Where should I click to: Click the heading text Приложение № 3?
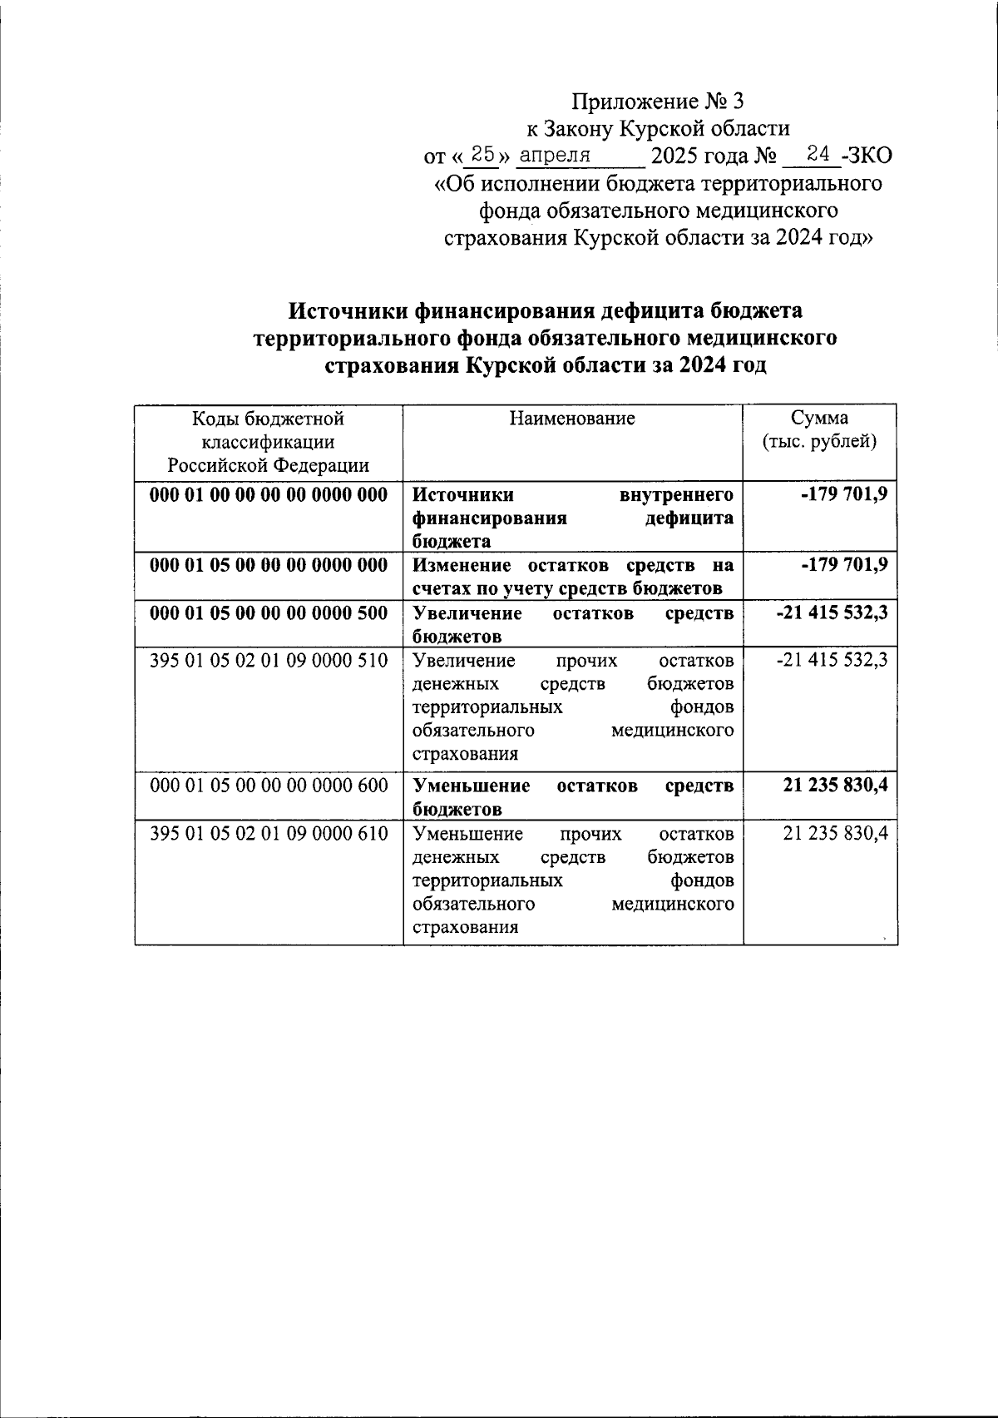click(x=656, y=102)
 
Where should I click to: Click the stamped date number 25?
click(x=482, y=153)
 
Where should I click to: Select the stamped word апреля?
click(x=555, y=155)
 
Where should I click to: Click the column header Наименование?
click(x=572, y=418)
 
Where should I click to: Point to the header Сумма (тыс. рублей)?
click(x=819, y=429)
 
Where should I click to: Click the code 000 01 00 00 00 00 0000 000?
click(x=269, y=495)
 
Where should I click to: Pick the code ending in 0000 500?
click(x=269, y=613)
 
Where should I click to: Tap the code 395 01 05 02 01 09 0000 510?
click(x=269, y=661)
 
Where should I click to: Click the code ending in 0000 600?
click(x=269, y=785)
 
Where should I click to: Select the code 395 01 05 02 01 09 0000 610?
click(x=269, y=833)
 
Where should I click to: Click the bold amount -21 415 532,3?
click(x=831, y=613)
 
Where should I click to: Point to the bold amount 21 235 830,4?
click(x=835, y=785)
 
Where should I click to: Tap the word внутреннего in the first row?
click(x=677, y=495)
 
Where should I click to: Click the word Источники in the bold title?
click(x=345, y=310)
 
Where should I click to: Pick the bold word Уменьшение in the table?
click(x=472, y=786)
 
